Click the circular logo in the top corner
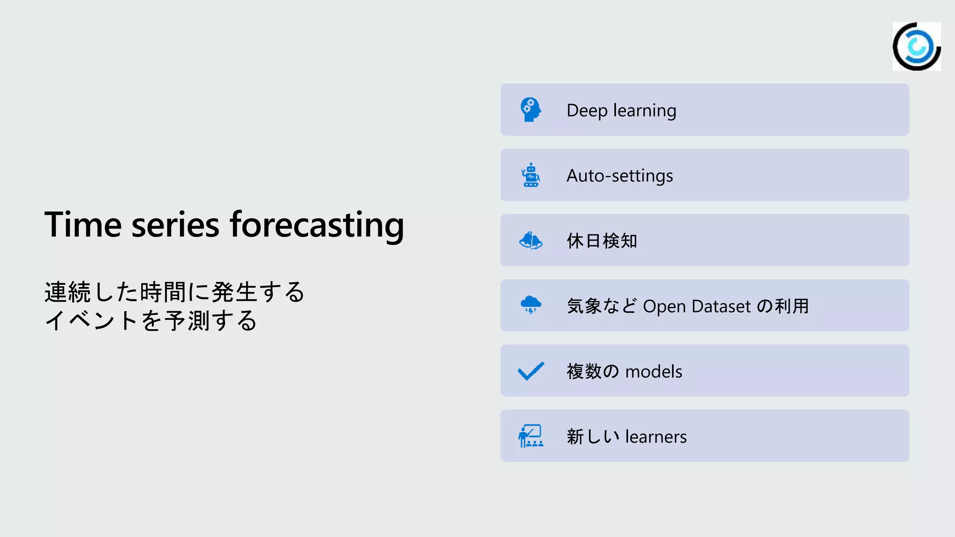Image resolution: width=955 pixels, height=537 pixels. pos(916,47)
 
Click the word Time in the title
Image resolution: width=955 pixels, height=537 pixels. pos(83,225)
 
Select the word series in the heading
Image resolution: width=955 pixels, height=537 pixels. pos(175,225)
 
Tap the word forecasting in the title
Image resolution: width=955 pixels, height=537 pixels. pos(317,225)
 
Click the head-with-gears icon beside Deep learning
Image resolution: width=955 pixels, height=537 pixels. pos(531,110)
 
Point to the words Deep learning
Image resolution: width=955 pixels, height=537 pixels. pos(621,110)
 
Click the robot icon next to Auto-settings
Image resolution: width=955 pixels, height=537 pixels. pos(531,175)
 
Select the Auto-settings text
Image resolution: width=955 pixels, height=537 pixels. pos(620,176)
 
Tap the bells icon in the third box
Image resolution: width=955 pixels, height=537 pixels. pos(531,241)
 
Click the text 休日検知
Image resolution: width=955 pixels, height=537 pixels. pos(602,241)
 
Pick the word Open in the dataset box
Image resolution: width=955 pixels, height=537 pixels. pos(664,307)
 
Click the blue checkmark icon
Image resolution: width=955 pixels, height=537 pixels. pos(531,371)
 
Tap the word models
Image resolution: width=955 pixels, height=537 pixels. pos(653,372)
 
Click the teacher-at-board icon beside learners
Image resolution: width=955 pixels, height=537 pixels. pos(531,436)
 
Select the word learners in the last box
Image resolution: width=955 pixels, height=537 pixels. pos(656,437)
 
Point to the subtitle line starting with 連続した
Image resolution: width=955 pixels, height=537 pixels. pos(174,292)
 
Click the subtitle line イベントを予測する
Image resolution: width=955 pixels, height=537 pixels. pos(151,321)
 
